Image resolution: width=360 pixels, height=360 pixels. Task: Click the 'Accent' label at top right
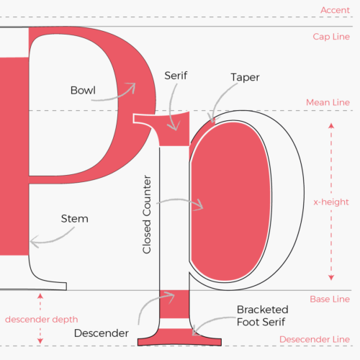(x=335, y=10)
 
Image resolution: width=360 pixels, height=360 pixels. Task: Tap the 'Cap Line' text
(x=330, y=36)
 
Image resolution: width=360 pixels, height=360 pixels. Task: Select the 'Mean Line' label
(x=328, y=103)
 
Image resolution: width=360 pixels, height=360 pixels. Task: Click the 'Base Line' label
(x=329, y=299)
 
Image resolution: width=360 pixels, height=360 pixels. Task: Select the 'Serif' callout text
(x=176, y=76)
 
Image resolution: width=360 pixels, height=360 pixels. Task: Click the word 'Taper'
(x=245, y=76)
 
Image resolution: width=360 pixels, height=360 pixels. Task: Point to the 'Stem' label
(x=74, y=218)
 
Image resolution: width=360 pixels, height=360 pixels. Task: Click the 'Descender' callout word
(x=101, y=334)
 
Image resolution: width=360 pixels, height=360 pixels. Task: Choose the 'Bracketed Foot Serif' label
(x=263, y=315)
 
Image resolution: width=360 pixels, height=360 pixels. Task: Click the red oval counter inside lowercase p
(x=230, y=202)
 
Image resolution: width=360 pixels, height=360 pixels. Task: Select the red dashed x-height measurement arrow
(x=331, y=202)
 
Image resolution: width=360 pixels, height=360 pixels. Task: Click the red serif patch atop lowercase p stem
(x=173, y=133)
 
